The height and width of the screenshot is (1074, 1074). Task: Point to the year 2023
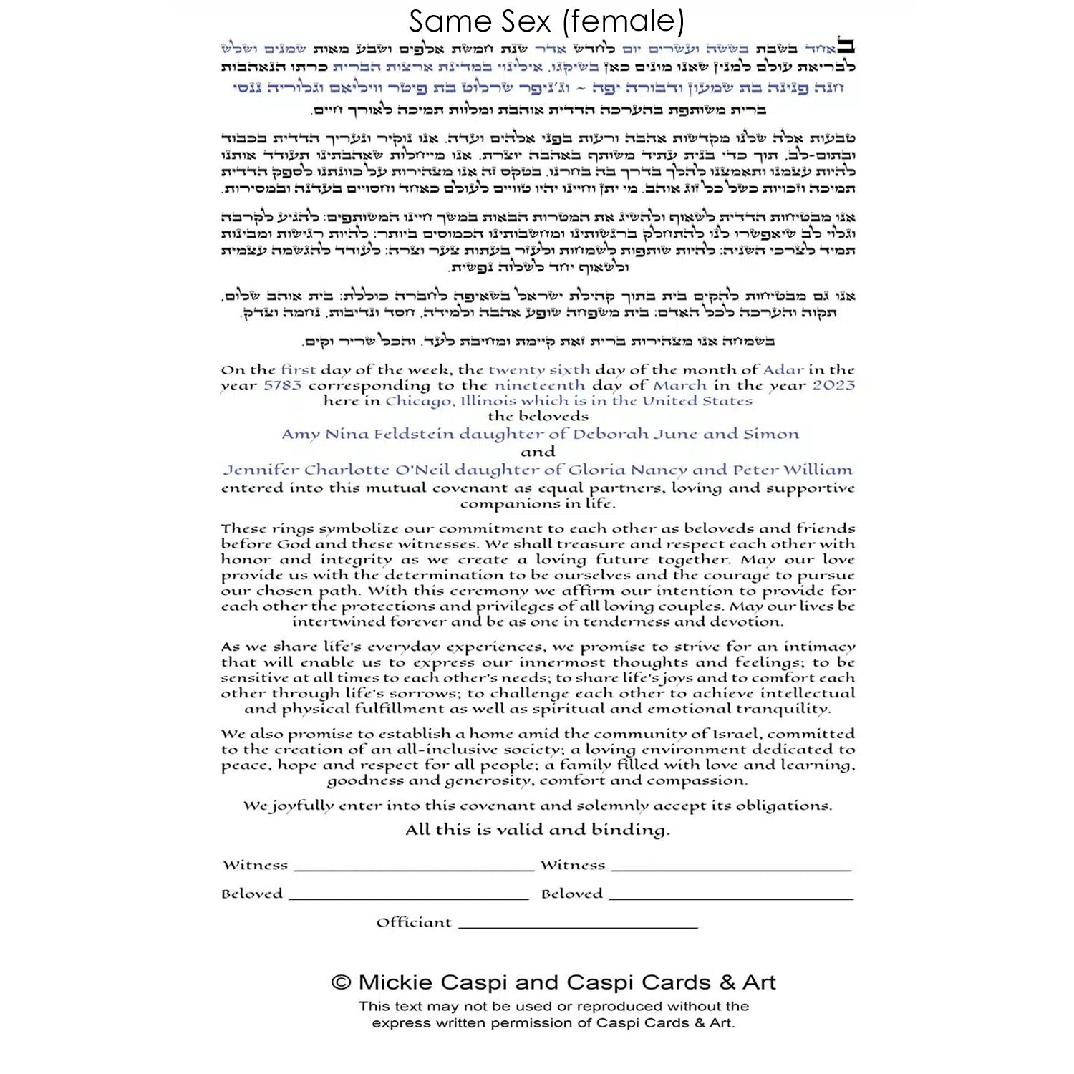click(x=833, y=385)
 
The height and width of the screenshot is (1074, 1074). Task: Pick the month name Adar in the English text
click(x=783, y=370)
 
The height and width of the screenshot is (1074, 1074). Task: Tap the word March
click(x=679, y=385)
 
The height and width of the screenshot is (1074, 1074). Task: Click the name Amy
click(x=300, y=435)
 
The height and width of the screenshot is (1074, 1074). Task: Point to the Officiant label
click(x=414, y=922)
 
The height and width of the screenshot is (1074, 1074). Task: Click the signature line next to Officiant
click(x=578, y=927)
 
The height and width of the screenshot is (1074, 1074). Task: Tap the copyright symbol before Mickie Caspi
click(x=341, y=982)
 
